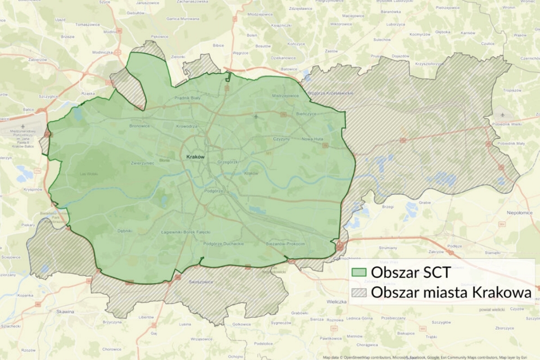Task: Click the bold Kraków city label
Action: pyautogui.click(x=195, y=157)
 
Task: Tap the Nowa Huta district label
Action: pyautogui.click(x=313, y=139)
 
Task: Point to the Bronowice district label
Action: pyautogui.click(x=139, y=126)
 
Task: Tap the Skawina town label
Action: pyautogui.click(x=66, y=311)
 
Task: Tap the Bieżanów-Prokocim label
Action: pyautogui.click(x=286, y=243)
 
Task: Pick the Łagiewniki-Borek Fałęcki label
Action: pyautogui.click(x=185, y=232)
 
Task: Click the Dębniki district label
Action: pyautogui.click(x=125, y=231)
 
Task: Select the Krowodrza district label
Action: pyautogui.click(x=187, y=126)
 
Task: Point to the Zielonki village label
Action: pyautogui.click(x=178, y=57)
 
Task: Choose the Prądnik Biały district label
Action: pyautogui.click(x=188, y=97)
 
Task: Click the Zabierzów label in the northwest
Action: pyautogui.click(x=37, y=59)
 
